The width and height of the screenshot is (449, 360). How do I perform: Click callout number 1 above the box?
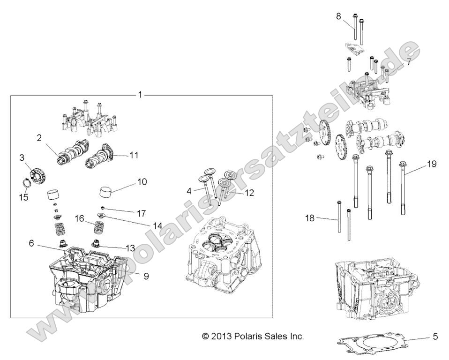pyautogui.click(x=140, y=95)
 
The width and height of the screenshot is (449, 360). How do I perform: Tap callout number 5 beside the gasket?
pyautogui.click(x=435, y=336)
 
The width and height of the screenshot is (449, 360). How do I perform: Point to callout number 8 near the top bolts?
pyautogui.click(x=338, y=16)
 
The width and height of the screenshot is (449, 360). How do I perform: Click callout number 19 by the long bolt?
pyautogui.click(x=431, y=164)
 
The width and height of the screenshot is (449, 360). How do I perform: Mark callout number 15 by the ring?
pyautogui.click(x=23, y=197)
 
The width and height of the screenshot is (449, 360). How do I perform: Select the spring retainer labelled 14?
pyautogui.click(x=101, y=216)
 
